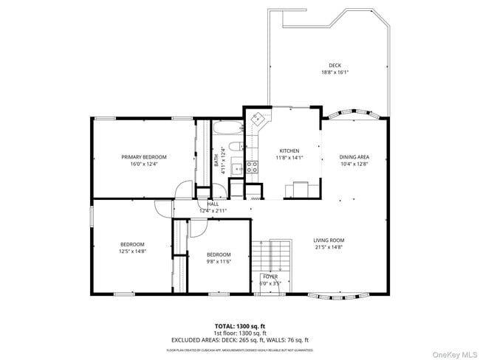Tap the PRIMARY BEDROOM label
(144, 156)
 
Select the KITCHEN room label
(289, 150)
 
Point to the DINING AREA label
(354, 156)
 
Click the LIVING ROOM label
(329, 240)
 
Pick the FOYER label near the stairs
(270, 277)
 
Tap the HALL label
(213, 204)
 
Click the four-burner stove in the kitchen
(252, 167)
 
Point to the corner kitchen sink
(258, 119)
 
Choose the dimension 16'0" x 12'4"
(144, 164)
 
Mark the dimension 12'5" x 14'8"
(133, 251)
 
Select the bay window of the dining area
(354, 115)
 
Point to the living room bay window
(334, 297)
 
